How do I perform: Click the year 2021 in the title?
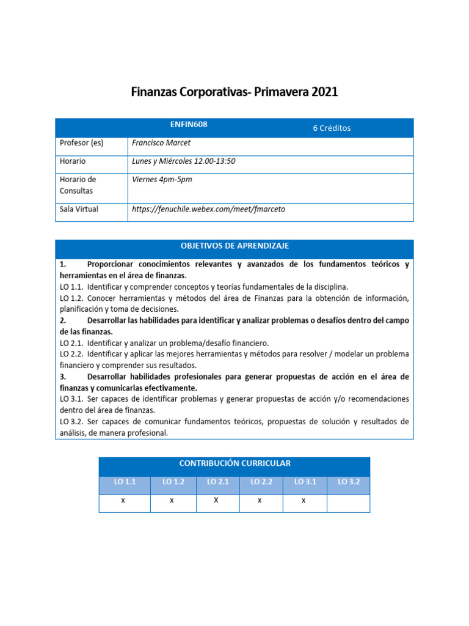point(324,92)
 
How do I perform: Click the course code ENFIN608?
point(189,124)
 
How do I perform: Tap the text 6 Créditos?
point(332,128)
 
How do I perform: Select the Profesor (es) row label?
point(81,144)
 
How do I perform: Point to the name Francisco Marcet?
point(161,144)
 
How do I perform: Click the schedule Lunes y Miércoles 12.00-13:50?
point(183,161)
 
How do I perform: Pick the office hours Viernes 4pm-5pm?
point(162,180)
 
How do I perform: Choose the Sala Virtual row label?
point(79,209)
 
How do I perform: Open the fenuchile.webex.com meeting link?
point(208,209)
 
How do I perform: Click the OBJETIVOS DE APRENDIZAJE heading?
point(234,246)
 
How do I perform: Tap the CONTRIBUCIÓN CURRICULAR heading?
point(234,463)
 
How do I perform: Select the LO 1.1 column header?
point(125,482)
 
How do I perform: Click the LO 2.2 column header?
point(261,482)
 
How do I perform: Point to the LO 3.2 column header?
point(349,482)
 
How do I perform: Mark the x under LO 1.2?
point(172,501)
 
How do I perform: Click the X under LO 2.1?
point(216,501)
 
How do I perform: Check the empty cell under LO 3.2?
point(349,503)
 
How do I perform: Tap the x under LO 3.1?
point(304,501)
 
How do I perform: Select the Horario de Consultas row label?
point(78,185)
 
